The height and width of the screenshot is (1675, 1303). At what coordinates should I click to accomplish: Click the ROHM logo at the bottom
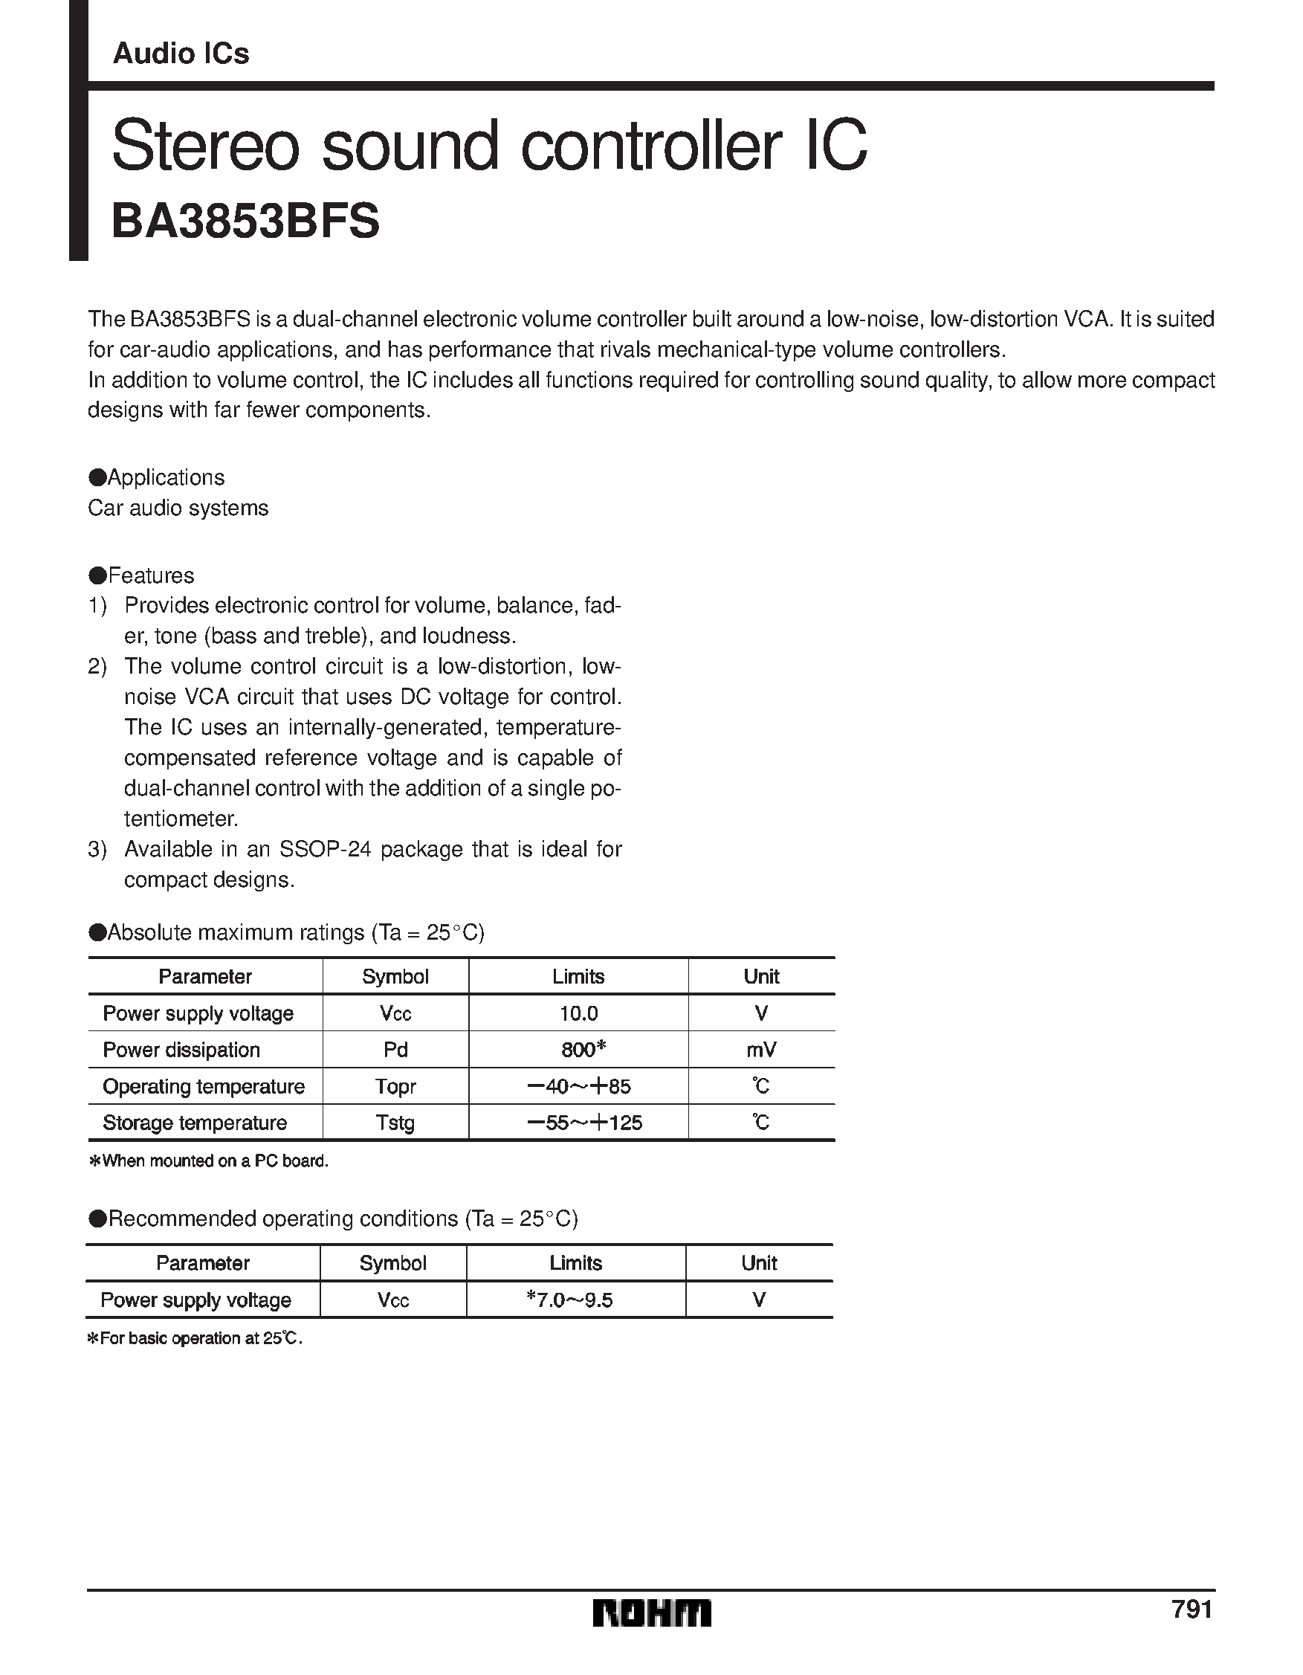tap(651, 1613)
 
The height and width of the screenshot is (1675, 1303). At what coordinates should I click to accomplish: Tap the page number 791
tap(1192, 1607)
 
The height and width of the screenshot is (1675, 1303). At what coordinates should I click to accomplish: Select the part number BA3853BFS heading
tap(245, 222)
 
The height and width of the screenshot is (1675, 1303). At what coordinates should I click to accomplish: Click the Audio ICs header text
tap(181, 54)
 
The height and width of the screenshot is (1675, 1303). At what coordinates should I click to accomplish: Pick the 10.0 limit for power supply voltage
tap(578, 1013)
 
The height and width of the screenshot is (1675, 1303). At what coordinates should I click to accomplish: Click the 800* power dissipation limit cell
tap(583, 1049)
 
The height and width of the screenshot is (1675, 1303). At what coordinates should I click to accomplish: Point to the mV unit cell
tap(761, 1049)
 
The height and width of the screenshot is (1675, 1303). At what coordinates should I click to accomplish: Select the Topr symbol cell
tap(395, 1086)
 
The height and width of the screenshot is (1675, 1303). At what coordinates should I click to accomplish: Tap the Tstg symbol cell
tap(395, 1123)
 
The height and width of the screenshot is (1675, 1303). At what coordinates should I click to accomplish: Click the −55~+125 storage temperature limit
tap(584, 1123)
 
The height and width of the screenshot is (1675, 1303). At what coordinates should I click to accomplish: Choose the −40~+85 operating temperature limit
tap(579, 1086)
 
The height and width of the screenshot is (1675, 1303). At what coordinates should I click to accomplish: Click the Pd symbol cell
tap(395, 1049)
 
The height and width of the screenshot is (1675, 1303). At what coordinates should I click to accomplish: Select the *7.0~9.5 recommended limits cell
tap(570, 1300)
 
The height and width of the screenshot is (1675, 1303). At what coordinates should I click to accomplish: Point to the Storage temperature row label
tap(195, 1123)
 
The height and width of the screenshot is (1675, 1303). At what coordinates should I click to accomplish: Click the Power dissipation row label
tap(181, 1049)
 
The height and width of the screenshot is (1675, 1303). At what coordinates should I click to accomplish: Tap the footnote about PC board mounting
tap(210, 1161)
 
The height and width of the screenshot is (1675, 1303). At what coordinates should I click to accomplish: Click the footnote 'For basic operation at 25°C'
tap(195, 1338)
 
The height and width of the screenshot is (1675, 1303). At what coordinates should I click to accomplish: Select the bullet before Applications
tap(97, 477)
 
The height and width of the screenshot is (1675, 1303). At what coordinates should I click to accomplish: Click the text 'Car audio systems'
tap(178, 508)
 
